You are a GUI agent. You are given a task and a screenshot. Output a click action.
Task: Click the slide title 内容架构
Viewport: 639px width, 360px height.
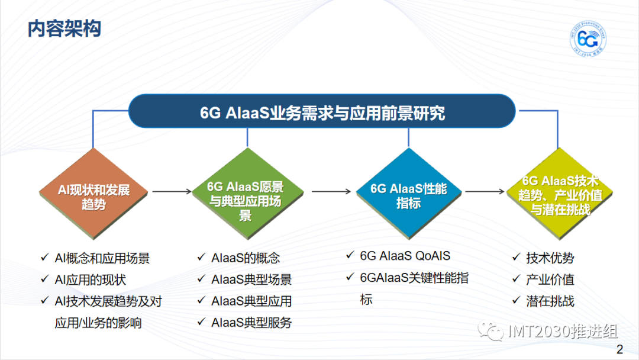(64, 29)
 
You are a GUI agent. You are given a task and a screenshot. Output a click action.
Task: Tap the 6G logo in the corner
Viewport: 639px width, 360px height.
(588, 39)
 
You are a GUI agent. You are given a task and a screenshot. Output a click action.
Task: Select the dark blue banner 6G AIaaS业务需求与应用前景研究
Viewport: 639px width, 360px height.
(322, 111)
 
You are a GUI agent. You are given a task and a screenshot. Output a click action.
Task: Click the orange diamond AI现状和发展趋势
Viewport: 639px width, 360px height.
(93, 194)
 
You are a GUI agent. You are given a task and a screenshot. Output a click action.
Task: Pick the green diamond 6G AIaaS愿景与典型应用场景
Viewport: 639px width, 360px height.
(247, 194)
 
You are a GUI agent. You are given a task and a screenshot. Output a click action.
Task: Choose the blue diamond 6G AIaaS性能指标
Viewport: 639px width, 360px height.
(408, 194)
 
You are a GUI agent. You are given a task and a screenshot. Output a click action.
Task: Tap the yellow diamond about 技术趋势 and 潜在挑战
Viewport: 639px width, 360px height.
(559, 194)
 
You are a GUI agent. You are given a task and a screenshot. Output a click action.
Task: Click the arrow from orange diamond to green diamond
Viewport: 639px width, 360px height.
(172, 191)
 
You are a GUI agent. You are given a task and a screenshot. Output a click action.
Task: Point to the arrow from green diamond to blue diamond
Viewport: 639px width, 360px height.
(331, 191)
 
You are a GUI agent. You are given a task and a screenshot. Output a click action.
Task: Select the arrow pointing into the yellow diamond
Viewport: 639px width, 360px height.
(485, 191)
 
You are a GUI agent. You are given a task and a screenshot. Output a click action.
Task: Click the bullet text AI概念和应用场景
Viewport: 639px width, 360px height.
(102, 258)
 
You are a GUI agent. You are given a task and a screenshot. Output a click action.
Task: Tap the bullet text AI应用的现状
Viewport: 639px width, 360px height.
(90, 279)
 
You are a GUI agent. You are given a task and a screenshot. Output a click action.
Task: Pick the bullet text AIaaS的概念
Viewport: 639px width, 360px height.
(246, 258)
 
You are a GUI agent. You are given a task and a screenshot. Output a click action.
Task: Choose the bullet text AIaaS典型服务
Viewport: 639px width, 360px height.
(251, 323)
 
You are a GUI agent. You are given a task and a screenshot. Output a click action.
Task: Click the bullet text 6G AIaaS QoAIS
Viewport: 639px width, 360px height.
(405, 256)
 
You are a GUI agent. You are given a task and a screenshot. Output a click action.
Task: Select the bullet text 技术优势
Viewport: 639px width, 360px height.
(550, 258)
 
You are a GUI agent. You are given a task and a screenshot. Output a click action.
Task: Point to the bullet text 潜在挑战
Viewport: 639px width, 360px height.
(550, 301)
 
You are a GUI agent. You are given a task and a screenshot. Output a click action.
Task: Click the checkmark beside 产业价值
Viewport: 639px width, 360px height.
(517, 279)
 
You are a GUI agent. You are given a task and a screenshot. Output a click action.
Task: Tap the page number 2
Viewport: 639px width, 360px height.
(619, 349)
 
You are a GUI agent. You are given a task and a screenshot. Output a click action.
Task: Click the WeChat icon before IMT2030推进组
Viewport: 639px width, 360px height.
(490, 331)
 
